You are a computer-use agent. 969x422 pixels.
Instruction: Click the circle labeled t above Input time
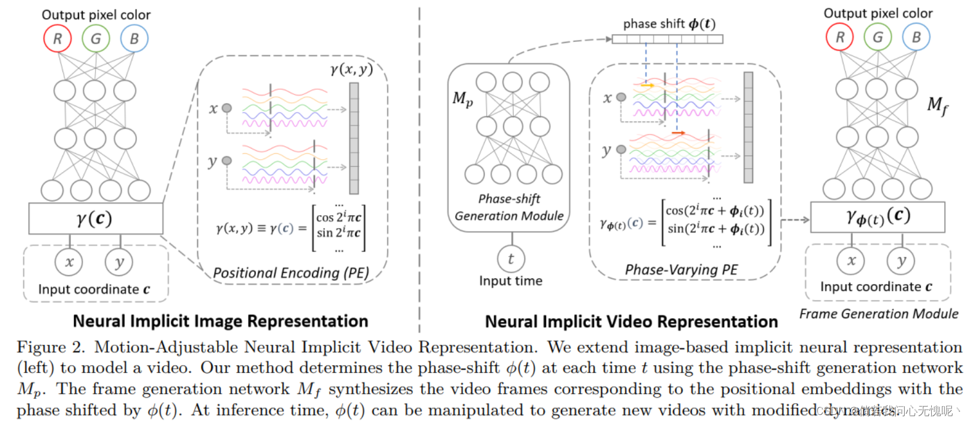[x=511, y=259]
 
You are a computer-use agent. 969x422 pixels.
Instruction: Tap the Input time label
[x=511, y=281]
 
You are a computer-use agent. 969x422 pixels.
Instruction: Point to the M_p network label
[x=463, y=99]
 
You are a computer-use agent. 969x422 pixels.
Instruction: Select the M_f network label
[x=937, y=106]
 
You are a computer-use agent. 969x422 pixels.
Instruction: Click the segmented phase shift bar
[x=667, y=39]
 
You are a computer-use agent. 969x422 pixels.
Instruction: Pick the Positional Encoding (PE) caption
[x=291, y=273]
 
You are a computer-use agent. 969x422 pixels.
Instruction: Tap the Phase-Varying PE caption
[x=681, y=270]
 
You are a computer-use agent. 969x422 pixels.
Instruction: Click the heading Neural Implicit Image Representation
[x=221, y=321]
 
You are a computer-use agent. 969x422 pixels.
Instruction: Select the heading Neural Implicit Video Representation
[x=631, y=322]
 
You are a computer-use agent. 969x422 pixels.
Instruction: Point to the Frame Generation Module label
[x=878, y=314]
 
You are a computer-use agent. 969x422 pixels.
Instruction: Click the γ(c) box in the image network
[x=96, y=219]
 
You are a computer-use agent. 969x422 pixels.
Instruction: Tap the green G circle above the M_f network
[x=878, y=37]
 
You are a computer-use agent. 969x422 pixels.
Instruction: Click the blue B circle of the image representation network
[x=134, y=39]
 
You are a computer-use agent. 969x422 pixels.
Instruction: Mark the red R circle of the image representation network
[x=57, y=39]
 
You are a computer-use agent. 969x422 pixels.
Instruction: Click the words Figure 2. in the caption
[x=51, y=347]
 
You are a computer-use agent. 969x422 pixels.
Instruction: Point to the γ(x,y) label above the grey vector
[x=352, y=70]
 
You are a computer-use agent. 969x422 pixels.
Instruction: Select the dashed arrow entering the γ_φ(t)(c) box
[x=796, y=220]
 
